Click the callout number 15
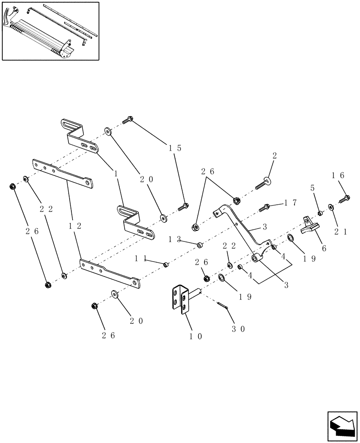[x=175, y=148]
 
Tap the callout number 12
[x=74, y=225]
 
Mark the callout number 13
[x=174, y=239]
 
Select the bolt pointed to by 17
[x=266, y=206]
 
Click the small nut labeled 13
[x=200, y=244]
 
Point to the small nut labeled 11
[x=166, y=264]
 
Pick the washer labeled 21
[x=331, y=206]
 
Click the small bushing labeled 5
[x=320, y=214]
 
